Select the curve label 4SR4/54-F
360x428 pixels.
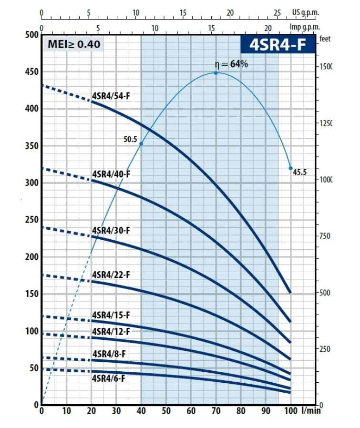point(111,96)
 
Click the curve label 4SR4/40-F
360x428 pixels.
point(111,174)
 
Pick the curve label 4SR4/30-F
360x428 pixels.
point(111,230)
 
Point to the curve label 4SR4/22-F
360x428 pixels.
point(111,275)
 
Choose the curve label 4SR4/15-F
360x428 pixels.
point(111,315)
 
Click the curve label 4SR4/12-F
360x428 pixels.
point(111,331)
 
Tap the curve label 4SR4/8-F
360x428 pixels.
point(109,354)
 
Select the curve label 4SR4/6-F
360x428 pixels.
point(109,378)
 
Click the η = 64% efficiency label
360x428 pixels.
point(232,64)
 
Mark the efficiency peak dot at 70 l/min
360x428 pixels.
point(216,73)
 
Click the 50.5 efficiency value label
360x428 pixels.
point(130,140)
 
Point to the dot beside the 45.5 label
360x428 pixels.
point(290,168)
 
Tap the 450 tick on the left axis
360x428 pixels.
point(31,72)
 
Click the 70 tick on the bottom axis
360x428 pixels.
point(216,411)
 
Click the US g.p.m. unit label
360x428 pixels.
point(305,13)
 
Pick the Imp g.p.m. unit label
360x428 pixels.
point(304,27)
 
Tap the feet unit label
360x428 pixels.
point(325,39)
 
